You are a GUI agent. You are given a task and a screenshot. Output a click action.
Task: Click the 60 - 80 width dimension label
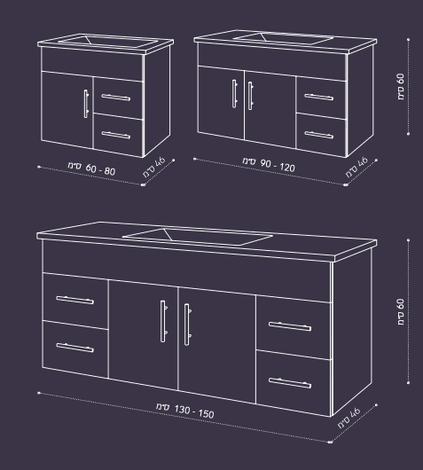point(91,168)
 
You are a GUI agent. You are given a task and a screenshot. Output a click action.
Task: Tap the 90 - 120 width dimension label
point(269,165)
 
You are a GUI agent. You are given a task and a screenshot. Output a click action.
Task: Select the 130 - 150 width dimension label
point(185,411)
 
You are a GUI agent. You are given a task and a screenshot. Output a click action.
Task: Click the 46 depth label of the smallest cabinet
point(154,168)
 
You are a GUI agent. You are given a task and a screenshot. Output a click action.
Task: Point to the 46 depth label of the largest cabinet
point(349,418)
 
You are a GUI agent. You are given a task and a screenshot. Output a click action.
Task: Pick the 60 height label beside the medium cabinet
point(401,87)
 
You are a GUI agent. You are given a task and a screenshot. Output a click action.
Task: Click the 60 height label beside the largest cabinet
point(401,312)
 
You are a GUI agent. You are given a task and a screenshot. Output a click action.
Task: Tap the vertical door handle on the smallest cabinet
point(86,104)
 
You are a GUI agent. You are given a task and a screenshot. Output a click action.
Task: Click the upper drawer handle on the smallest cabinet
point(115,98)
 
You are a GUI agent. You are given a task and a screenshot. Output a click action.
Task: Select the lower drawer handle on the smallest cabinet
point(115,135)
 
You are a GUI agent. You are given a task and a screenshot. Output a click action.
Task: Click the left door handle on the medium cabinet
point(234,93)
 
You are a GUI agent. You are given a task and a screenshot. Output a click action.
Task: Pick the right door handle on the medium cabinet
point(251,96)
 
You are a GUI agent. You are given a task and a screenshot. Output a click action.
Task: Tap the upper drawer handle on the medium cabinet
point(318,97)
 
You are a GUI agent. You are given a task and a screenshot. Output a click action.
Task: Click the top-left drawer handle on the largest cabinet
point(74,300)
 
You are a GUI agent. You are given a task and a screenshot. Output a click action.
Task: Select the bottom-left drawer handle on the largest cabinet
point(74,348)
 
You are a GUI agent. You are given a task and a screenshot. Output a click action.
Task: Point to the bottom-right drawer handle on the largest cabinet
point(290,383)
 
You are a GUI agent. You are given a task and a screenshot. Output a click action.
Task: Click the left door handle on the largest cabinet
point(163,321)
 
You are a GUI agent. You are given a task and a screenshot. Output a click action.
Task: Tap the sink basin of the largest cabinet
point(198,237)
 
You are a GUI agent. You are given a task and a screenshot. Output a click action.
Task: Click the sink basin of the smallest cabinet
point(108,42)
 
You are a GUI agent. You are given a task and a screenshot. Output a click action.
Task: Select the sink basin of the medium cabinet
point(284,38)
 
